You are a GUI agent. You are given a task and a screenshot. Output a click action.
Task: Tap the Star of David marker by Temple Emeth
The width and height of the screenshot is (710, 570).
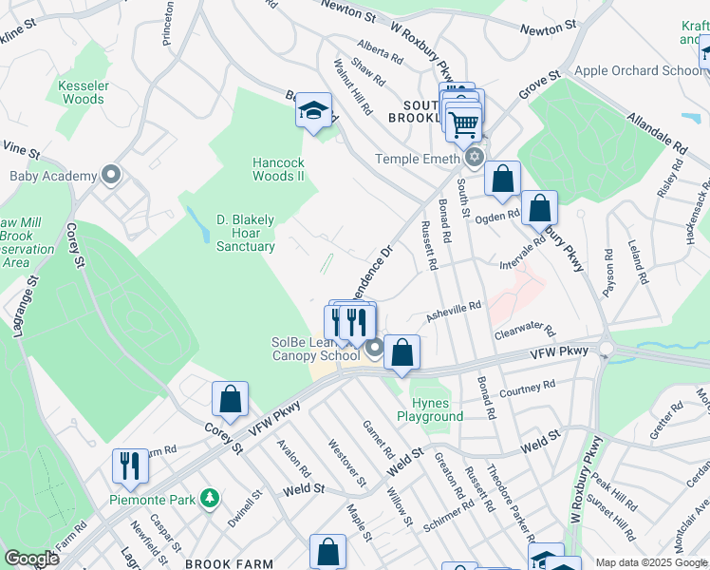tap(475, 158)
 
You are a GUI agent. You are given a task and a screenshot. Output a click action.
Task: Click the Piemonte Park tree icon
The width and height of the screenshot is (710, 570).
tap(209, 498)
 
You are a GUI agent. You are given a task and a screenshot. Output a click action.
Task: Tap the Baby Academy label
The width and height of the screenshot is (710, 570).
tap(53, 176)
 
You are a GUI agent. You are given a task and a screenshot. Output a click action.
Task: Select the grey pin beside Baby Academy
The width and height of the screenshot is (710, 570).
tap(112, 175)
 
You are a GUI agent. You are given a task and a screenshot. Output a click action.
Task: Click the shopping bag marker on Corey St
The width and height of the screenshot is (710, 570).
tap(231, 400)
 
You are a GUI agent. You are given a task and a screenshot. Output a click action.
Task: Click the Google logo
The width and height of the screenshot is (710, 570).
tap(31, 559)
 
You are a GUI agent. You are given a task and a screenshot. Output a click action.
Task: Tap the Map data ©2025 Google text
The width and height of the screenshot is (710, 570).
tap(650, 562)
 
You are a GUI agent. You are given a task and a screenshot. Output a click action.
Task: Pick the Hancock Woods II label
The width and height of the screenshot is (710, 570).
tap(278, 169)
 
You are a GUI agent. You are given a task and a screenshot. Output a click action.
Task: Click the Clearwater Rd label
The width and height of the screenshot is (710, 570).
tap(524, 331)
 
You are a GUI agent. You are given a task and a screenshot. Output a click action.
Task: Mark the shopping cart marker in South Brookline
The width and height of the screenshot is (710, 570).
tap(463, 123)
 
